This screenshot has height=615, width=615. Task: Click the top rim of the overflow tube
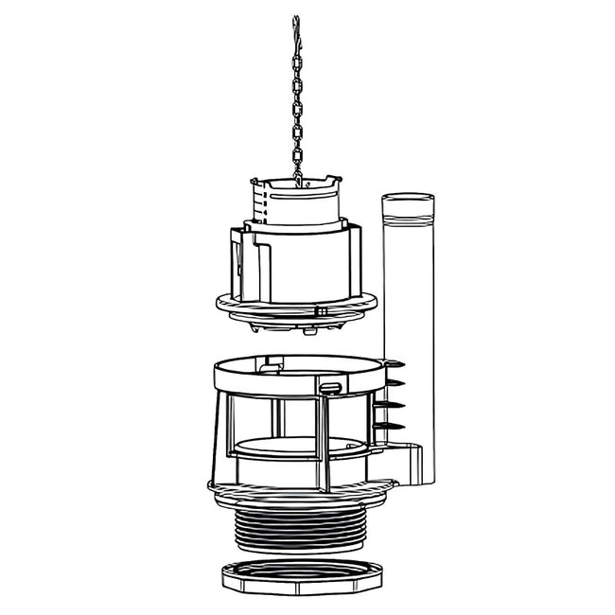click(407, 198)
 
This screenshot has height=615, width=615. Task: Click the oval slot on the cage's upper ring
click(330, 387)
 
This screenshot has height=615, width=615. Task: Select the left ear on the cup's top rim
click(255, 181)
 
